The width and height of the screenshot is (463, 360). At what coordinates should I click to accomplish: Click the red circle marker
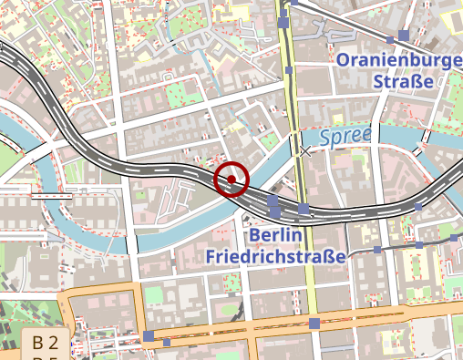click(231, 180)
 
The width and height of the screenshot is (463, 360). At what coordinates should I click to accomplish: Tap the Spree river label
click(346, 137)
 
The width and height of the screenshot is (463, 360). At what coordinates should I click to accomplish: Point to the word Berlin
click(275, 235)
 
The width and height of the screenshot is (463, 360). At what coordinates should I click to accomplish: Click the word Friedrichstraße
click(276, 256)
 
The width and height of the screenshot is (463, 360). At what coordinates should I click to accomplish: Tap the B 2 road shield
click(46, 343)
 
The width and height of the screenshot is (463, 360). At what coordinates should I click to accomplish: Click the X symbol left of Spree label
click(305, 150)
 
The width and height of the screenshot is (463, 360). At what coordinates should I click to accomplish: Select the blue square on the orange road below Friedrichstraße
click(314, 324)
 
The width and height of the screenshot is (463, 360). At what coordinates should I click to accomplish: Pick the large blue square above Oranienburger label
click(403, 36)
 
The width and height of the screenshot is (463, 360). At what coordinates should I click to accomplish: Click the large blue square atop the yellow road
click(284, 22)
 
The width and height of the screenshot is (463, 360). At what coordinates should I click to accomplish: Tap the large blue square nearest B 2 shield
click(148, 337)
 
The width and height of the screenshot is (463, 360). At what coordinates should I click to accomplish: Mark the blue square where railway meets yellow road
click(304, 210)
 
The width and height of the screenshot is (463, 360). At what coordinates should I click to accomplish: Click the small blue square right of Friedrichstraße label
click(376, 249)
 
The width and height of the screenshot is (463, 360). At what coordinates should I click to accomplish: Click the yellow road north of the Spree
click(292, 91)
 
